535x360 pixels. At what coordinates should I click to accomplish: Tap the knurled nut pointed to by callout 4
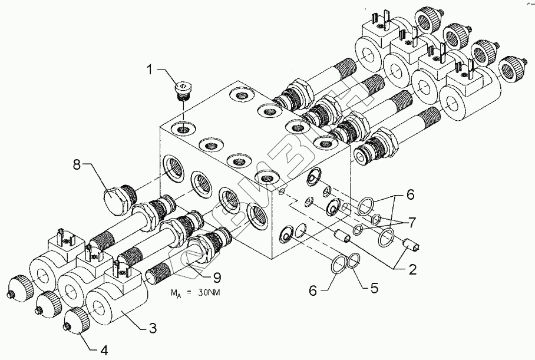tap(75, 319)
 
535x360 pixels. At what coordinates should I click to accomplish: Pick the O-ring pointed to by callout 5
tap(354, 260)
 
